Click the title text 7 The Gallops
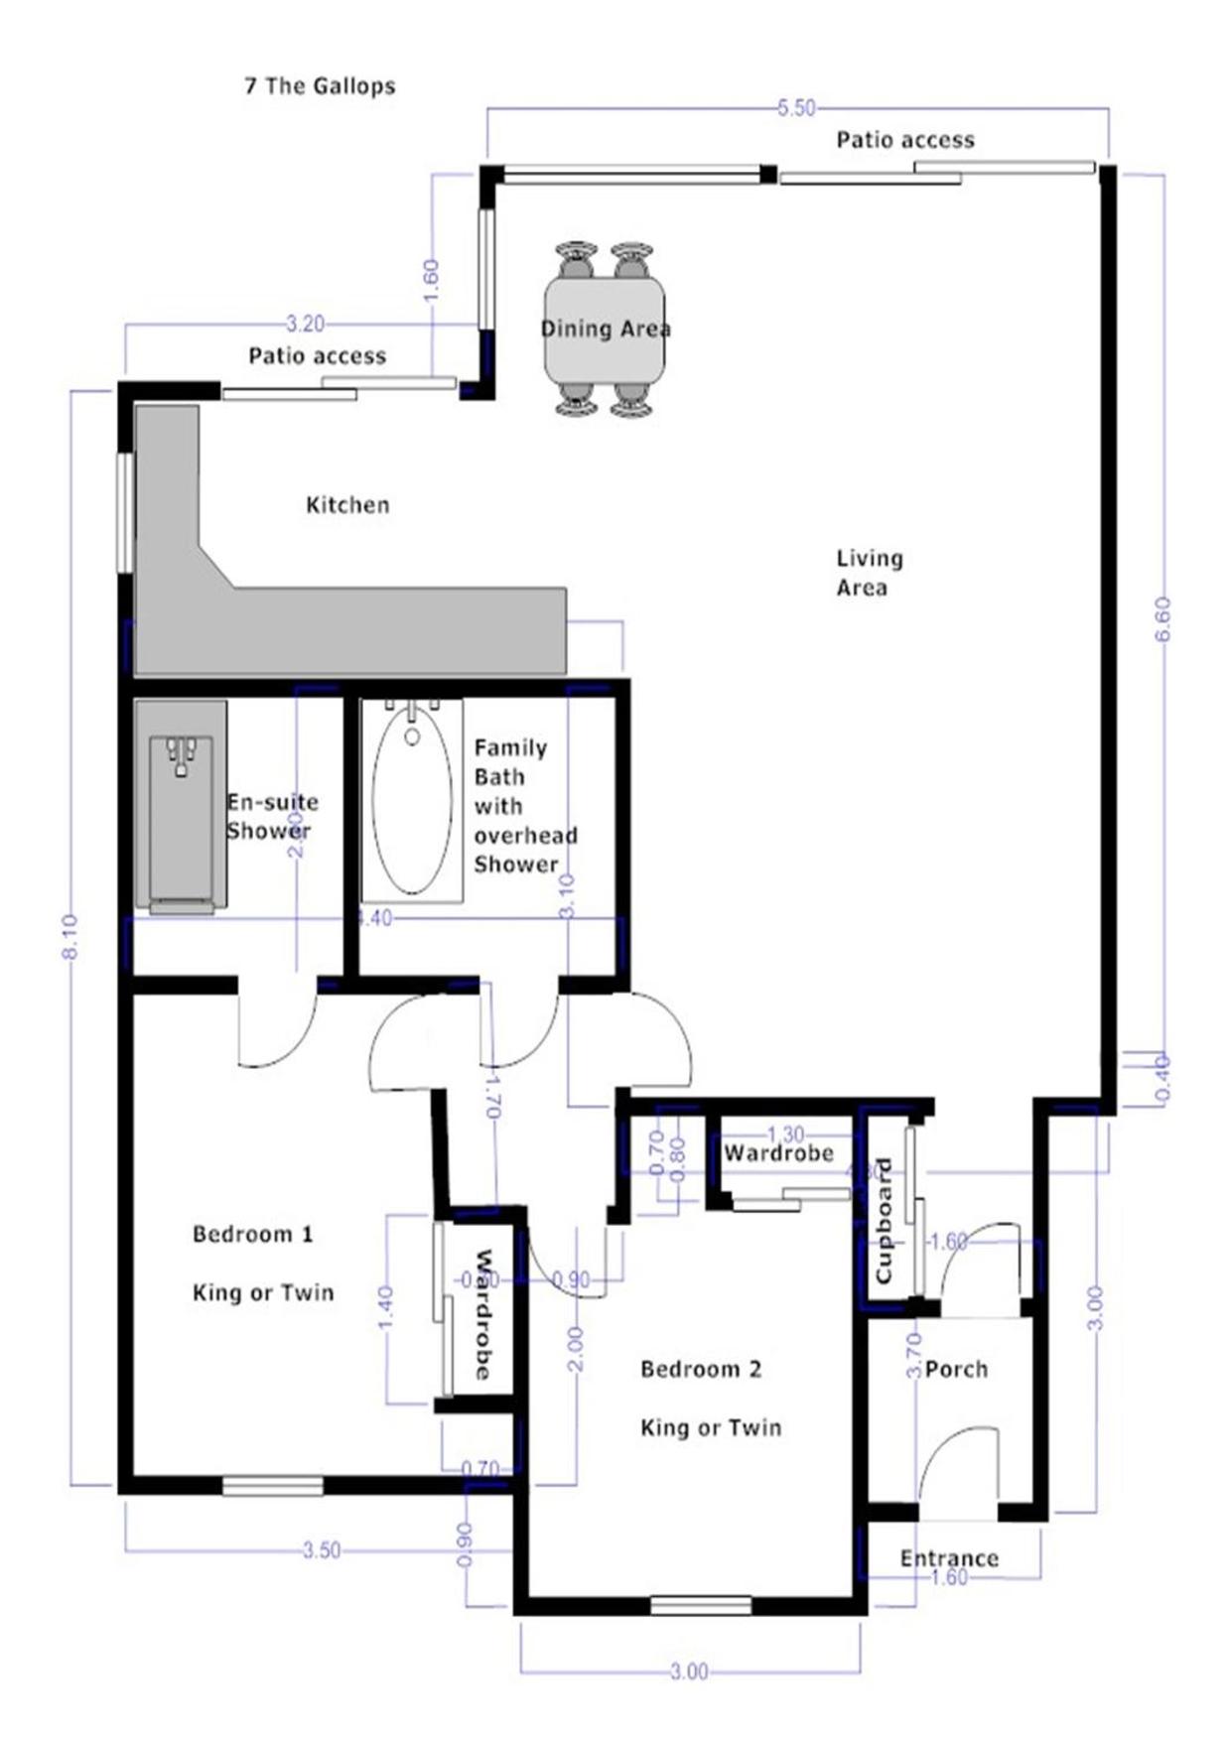[320, 86]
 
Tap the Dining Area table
[604, 329]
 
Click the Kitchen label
[347, 505]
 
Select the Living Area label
[869, 573]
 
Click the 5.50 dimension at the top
[796, 108]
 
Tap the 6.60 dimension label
[1163, 619]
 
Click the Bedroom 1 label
[253, 1234]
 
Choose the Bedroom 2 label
[701, 1370]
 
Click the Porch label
[956, 1370]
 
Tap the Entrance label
[949, 1558]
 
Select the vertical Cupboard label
[883, 1220]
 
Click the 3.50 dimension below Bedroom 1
[322, 1550]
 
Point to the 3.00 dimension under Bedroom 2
[689, 1673]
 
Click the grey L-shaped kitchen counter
[347, 630]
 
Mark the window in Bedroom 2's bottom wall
[701, 1605]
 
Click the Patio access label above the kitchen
[317, 356]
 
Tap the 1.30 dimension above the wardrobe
[786, 1135]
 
